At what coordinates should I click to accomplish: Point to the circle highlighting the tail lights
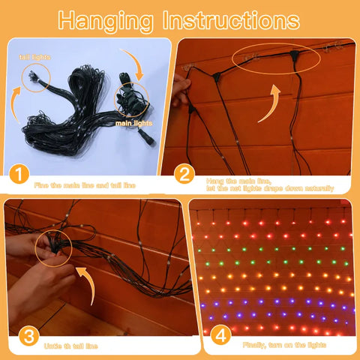coord(35,78)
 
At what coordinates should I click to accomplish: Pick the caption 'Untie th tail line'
coord(70,346)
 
